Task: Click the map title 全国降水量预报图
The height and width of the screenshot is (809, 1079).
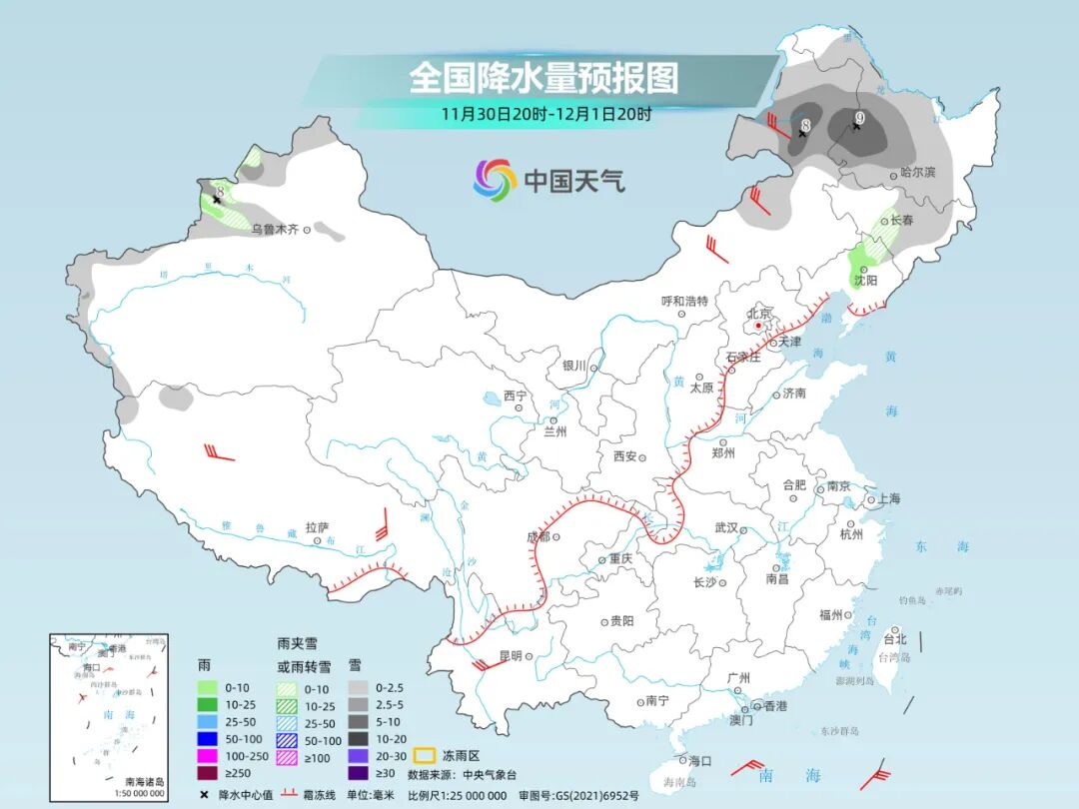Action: tap(543, 77)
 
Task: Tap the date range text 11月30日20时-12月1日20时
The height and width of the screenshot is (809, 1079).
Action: tap(545, 114)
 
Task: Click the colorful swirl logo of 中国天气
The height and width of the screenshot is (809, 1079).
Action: tap(495, 180)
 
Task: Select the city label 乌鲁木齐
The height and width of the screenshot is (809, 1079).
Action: tap(274, 230)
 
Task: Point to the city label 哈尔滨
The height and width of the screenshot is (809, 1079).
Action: tap(917, 173)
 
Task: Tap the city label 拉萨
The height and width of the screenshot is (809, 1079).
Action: tap(317, 526)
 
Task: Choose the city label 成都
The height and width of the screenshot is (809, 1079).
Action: tap(538, 536)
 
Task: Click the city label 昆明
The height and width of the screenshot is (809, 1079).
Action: tap(510, 656)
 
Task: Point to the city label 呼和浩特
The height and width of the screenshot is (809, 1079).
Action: tap(684, 301)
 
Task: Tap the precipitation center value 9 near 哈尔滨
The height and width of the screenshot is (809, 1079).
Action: tap(858, 119)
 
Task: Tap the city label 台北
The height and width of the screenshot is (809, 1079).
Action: tap(895, 639)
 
